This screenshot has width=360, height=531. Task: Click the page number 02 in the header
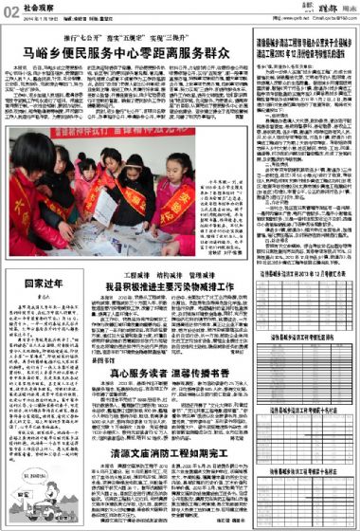click(x=10, y=10)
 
